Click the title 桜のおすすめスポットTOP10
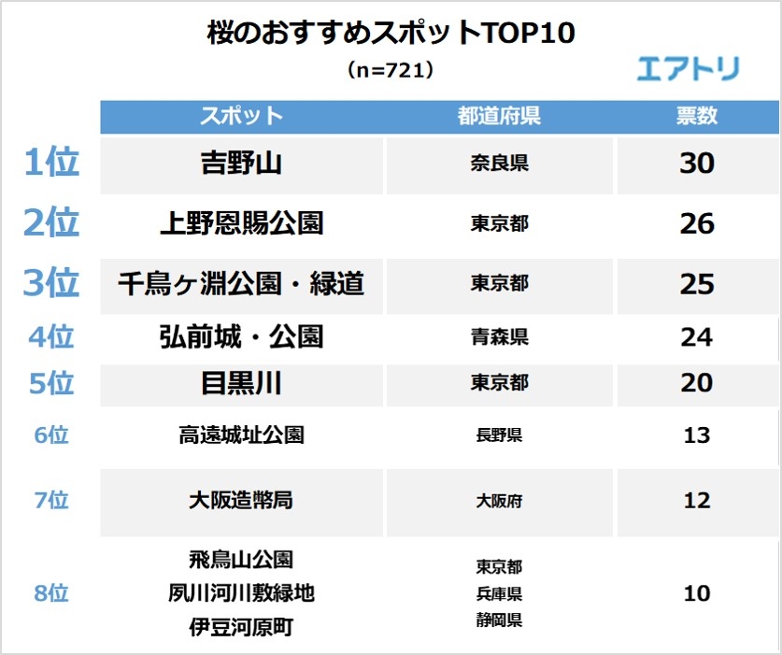point(391,34)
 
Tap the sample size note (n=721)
point(391,69)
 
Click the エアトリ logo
point(688,68)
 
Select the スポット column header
point(241,116)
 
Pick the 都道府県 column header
point(499,116)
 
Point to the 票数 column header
point(696,116)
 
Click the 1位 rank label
point(51,164)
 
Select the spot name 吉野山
point(241,164)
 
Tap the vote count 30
point(696,164)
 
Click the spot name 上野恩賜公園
point(241,223)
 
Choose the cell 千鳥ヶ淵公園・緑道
point(241,283)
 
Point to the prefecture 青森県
point(499,336)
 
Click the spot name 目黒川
point(241,383)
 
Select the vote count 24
point(696,336)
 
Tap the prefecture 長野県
point(499,435)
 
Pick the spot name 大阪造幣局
point(241,500)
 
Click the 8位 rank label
point(51,593)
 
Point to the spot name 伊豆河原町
point(241,627)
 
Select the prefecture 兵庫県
point(499,593)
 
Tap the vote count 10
point(696,593)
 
